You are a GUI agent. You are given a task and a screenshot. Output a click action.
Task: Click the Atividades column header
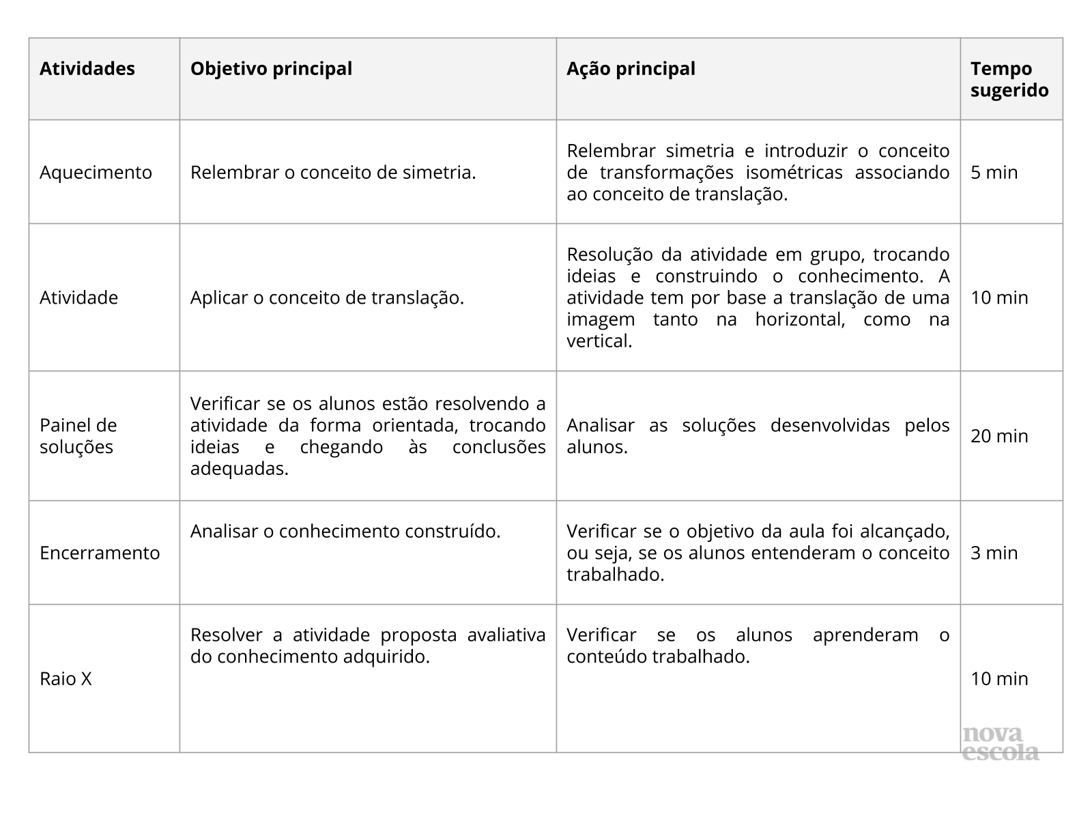(87, 69)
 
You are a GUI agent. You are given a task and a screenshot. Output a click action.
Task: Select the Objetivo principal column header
(271, 69)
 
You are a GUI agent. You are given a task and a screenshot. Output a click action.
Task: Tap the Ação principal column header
(631, 69)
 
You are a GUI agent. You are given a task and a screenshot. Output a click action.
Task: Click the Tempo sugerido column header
(1009, 80)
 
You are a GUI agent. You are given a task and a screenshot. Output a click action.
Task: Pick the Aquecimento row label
(96, 173)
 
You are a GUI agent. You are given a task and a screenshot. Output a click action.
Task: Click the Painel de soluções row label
(78, 436)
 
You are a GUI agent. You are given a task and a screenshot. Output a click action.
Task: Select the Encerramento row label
(100, 553)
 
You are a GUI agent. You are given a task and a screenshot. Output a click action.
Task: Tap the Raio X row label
(66, 679)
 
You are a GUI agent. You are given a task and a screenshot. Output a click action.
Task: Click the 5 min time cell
(994, 173)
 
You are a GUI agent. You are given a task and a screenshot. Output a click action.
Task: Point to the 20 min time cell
(999, 436)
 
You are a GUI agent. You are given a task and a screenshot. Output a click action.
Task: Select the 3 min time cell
(994, 553)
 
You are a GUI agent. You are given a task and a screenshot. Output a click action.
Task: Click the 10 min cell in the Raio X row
(999, 679)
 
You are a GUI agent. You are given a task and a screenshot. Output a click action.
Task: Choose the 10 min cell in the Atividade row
(999, 298)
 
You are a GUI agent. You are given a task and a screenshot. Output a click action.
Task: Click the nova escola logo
(1001, 744)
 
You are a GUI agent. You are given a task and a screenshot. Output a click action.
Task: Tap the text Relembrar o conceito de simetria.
(333, 173)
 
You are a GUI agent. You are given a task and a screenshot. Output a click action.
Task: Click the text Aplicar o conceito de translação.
(327, 298)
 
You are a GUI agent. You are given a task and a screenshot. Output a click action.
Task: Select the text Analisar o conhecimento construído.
(345, 531)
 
